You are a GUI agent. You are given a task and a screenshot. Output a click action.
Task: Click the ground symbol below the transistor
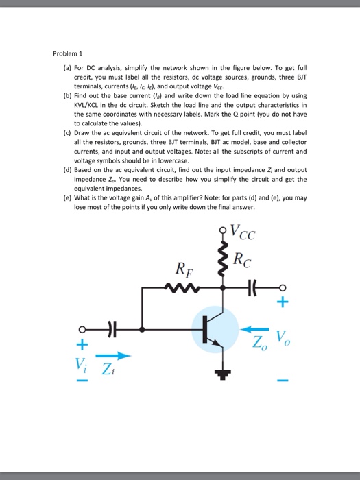coord(222,374)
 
